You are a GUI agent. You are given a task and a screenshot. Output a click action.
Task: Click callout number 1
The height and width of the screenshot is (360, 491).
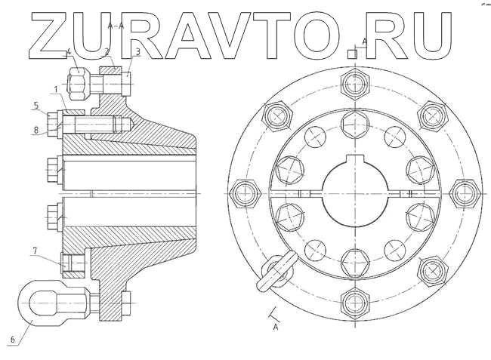coord(56,90)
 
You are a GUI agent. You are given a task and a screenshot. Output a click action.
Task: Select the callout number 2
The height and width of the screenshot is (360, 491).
coord(107,52)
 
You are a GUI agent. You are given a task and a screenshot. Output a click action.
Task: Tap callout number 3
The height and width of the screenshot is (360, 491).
coord(137,52)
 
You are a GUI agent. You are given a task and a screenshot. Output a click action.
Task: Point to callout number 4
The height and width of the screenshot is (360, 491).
coord(69,52)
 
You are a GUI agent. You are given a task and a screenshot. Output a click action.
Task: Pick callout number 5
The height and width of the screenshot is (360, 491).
coord(36,105)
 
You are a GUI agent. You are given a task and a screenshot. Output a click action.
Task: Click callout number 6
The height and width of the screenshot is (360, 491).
coord(12,340)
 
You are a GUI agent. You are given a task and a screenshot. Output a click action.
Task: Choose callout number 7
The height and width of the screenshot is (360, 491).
coord(35,250)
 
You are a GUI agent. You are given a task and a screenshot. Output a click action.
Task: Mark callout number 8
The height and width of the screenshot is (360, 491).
coord(36,130)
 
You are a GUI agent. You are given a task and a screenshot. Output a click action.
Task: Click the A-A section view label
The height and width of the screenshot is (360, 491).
coord(116,26)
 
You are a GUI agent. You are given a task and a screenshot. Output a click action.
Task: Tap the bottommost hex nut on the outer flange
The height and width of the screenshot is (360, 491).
coord(354,303)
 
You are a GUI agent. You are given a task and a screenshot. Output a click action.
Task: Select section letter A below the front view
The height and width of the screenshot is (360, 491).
coord(276,328)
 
